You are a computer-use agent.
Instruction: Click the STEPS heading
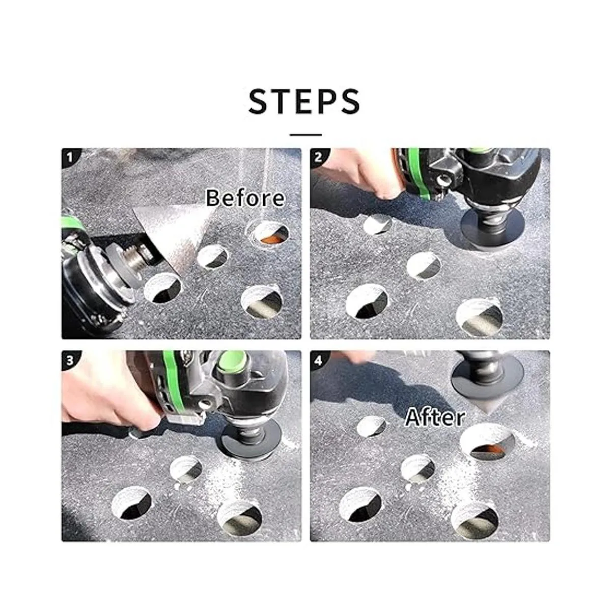click(304, 101)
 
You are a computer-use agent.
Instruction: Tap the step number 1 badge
click(69, 157)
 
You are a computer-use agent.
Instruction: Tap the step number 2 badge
click(318, 157)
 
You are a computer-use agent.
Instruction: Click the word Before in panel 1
click(245, 198)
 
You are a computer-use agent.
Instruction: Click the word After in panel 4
click(435, 418)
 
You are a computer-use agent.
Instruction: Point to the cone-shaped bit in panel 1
click(178, 235)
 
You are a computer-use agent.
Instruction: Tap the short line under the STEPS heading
click(305, 135)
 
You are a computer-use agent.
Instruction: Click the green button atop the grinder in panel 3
click(232, 362)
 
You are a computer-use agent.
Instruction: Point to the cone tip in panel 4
click(488, 413)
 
